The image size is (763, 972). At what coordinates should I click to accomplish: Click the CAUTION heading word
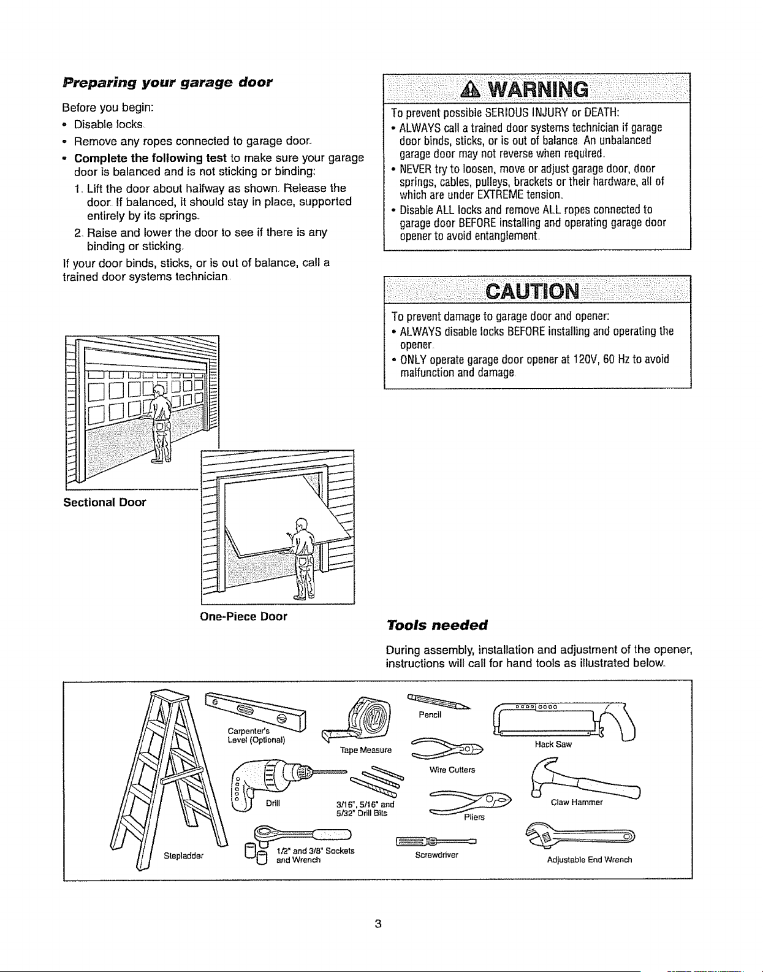532,292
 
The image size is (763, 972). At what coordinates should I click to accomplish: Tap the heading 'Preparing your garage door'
167,83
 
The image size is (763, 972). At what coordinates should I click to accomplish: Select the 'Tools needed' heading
437,624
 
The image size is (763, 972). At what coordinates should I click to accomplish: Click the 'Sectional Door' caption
105,502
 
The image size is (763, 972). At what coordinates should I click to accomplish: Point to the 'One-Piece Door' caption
243,616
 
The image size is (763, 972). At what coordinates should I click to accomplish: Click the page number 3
378,924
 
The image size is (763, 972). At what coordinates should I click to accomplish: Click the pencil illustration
438,701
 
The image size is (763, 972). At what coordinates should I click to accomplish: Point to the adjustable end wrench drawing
580,836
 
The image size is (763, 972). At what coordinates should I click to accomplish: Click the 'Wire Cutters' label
452,770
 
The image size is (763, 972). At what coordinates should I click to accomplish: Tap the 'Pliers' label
474,817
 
